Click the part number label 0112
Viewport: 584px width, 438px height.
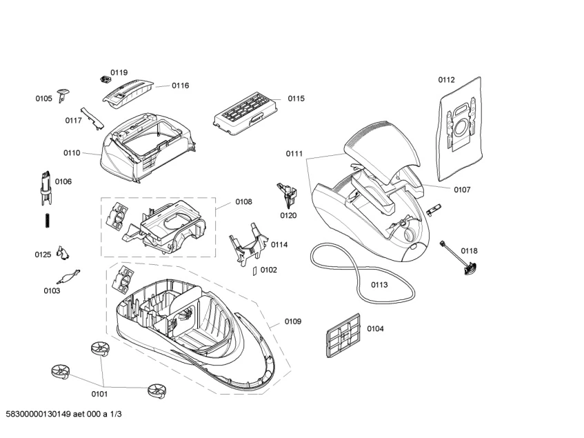[446, 79]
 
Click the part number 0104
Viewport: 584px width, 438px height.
[375, 328]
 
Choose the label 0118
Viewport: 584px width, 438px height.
[469, 250]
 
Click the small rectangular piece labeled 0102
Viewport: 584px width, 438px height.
[255, 270]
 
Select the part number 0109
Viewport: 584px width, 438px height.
[293, 321]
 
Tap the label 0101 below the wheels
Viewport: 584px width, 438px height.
[99, 395]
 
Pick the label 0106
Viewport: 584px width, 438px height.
[63, 181]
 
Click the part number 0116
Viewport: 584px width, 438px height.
[180, 86]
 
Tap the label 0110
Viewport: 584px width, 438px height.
[72, 152]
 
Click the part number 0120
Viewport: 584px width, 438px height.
[288, 215]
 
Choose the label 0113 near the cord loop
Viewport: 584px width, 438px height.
[379, 284]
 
